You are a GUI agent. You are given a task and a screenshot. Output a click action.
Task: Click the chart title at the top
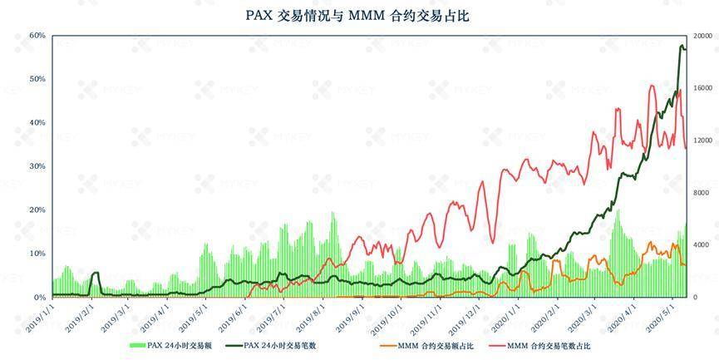coord(358,16)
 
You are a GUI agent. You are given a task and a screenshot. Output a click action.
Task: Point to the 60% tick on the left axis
coord(37,36)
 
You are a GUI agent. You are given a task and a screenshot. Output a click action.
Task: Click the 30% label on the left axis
coord(37,166)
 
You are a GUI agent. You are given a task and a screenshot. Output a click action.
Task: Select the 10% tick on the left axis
coord(37,254)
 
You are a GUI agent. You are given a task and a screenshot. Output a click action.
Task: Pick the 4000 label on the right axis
coord(700,244)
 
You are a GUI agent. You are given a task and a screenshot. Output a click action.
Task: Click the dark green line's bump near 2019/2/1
coord(95,273)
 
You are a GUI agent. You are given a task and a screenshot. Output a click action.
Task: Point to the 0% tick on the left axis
coord(38,297)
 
